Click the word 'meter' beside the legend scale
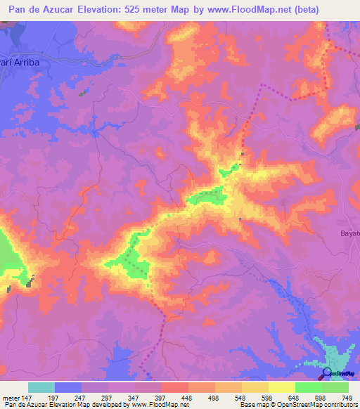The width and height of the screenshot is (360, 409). [x=11, y=397]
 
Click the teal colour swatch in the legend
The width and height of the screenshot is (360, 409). [x=41, y=387]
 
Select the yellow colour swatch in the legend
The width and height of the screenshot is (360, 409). [x=281, y=387]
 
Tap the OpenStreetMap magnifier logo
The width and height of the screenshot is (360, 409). [x=326, y=373]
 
